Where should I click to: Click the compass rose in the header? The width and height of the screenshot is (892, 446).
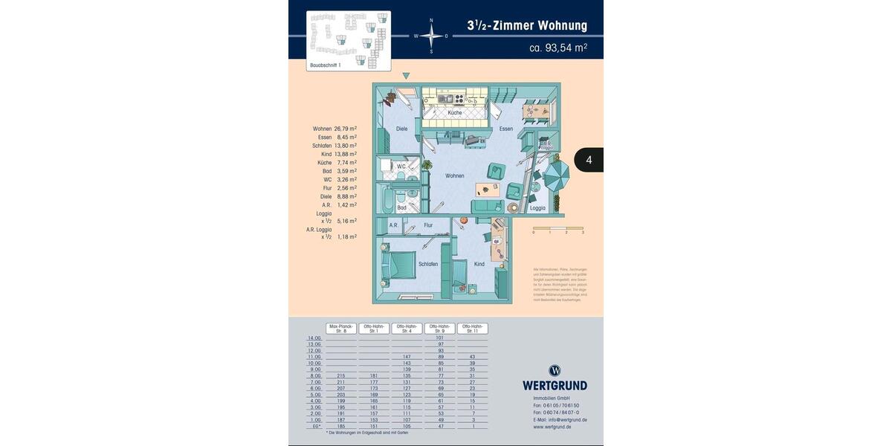click(x=431, y=35)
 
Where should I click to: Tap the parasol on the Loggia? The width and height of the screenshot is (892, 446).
click(x=556, y=176)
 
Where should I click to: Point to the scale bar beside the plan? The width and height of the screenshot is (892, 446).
click(x=557, y=228)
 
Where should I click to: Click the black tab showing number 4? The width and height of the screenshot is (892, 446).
click(x=589, y=160)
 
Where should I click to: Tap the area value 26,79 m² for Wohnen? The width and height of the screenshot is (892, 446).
click(x=346, y=129)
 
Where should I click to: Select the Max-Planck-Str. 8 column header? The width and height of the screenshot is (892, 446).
click(x=341, y=328)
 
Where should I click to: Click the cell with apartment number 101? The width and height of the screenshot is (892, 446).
click(x=439, y=337)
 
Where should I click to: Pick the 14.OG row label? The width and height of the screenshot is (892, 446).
click(x=314, y=337)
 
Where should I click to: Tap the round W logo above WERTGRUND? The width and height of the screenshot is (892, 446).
click(x=555, y=370)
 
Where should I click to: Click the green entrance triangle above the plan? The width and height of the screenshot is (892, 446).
click(x=406, y=76)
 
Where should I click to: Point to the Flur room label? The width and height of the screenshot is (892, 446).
click(x=428, y=224)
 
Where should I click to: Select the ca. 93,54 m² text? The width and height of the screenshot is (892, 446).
click(x=557, y=48)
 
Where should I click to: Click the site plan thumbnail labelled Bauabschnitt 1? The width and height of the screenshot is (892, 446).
click(x=349, y=41)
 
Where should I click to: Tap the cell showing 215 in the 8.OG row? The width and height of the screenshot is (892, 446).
click(x=341, y=375)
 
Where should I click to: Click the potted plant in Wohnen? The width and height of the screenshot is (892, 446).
click(x=427, y=165)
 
